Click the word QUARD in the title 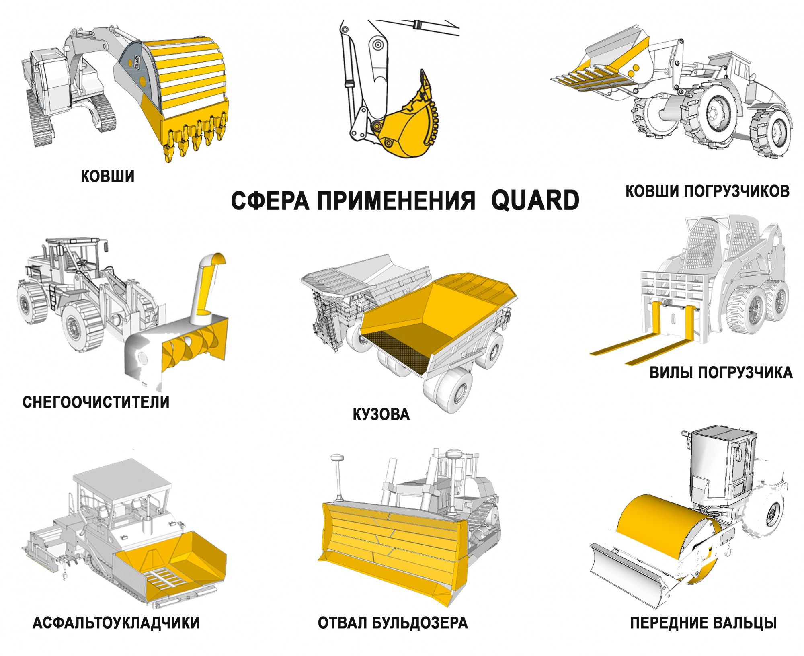535,200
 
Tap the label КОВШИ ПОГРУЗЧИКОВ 708,191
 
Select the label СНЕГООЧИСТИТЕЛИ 96,402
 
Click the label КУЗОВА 381,414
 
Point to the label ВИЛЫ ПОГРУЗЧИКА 721,373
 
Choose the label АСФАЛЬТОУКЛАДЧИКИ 116,623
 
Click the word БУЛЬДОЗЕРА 420,623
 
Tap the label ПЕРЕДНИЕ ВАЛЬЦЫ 703,623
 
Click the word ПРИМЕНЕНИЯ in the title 396,201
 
